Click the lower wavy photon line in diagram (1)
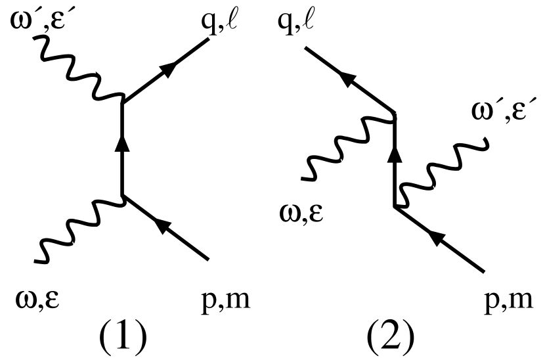pos(79,223)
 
